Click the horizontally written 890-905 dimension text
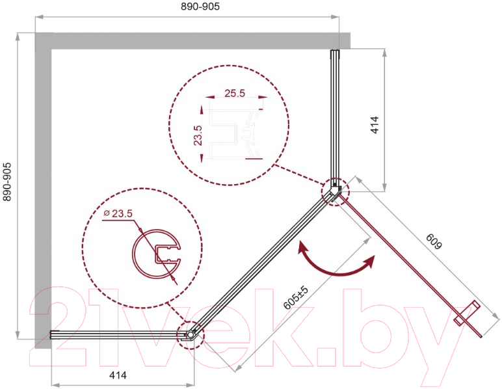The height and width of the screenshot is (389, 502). [200, 7]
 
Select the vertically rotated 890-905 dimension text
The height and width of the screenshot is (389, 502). [7, 182]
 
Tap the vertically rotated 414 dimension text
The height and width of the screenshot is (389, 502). [375, 124]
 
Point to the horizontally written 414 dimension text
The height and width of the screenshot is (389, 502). [118, 375]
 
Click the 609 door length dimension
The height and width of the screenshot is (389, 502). [434, 241]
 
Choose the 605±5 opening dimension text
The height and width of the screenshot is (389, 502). [296, 298]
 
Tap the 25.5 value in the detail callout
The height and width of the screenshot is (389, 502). [235, 93]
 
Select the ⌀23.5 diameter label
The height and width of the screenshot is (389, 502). [118, 213]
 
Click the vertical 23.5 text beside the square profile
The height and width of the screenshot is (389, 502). [198, 136]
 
